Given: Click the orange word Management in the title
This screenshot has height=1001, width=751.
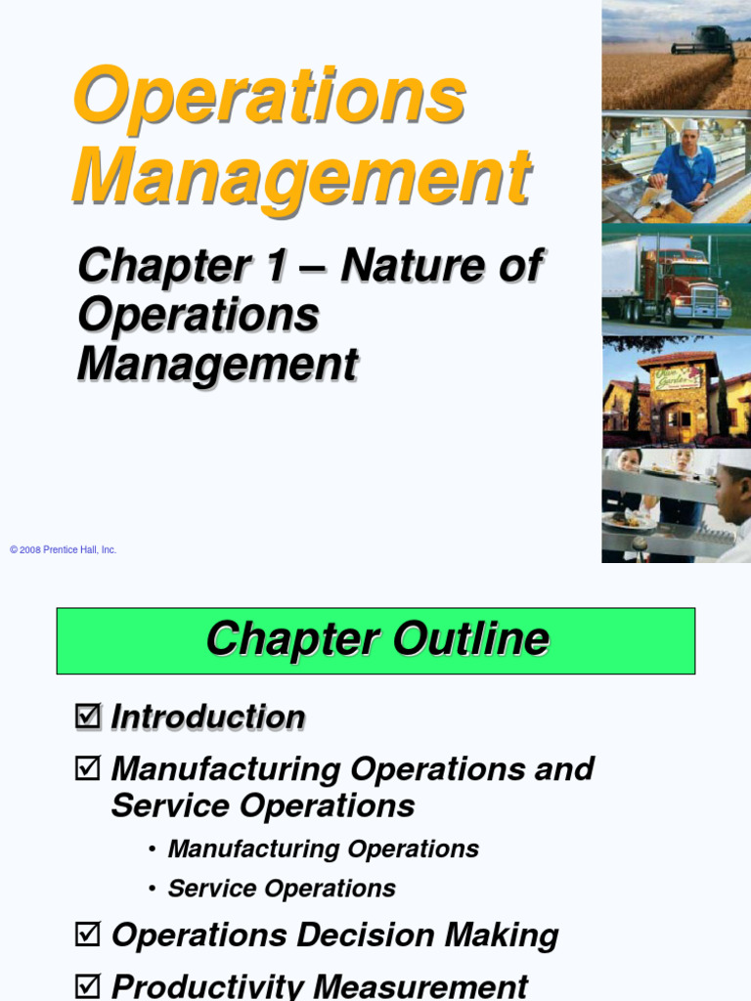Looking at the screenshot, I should click(302, 176).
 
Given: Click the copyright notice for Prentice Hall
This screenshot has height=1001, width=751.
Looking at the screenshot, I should click(64, 550).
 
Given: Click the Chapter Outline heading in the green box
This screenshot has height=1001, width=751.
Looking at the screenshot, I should click(376, 640).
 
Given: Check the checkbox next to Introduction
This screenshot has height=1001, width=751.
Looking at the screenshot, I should click(87, 717).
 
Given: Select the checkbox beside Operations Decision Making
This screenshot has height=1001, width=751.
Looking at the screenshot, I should click(87, 936).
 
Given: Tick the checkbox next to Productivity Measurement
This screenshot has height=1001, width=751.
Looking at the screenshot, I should click(87, 984).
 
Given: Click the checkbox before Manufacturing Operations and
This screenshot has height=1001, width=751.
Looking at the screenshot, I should click(87, 768).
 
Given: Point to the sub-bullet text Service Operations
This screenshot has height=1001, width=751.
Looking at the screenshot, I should click(282, 889).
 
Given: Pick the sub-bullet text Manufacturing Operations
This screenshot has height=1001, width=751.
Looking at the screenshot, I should click(323, 849).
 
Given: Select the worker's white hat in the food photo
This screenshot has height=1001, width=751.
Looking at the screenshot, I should click(691, 125).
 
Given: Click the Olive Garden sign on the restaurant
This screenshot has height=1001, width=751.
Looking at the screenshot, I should click(677, 376).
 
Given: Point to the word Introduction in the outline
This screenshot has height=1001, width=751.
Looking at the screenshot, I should click(208, 717).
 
